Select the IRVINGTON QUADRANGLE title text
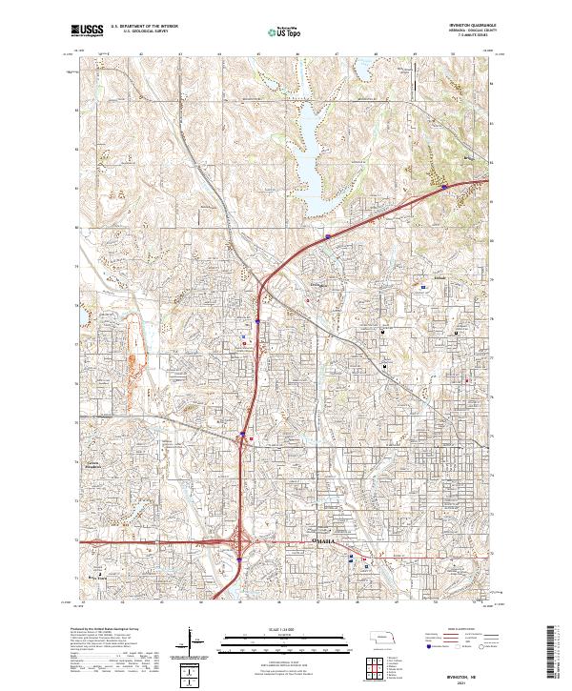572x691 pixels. click(x=463, y=25)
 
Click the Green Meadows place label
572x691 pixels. click(x=91, y=465)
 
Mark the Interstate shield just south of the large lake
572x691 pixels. click(x=328, y=235)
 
